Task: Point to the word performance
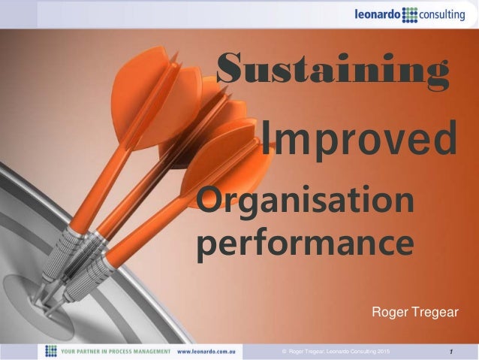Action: pyautogui.click(x=305, y=244)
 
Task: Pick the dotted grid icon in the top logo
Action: pyautogui.click(x=410, y=14)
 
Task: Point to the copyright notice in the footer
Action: pyautogui.click(x=335, y=352)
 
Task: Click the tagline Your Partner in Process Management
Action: pyautogui.click(x=116, y=351)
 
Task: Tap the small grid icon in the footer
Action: pyautogui.click(x=51, y=351)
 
